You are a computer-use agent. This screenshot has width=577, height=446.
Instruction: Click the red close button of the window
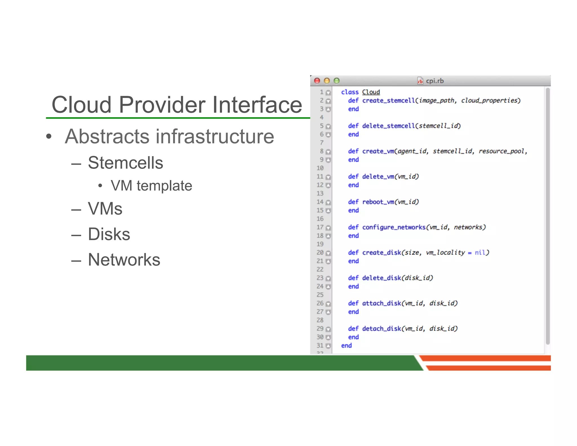(x=317, y=81)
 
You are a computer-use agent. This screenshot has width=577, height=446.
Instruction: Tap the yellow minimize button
(x=327, y=81)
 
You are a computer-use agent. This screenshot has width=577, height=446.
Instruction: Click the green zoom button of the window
(x=336, y=81)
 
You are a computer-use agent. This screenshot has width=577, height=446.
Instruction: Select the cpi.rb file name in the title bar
(x=434, y=81)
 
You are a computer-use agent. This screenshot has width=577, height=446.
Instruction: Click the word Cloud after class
(x=371, y=92)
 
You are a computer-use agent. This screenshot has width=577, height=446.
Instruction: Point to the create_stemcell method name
(x=389, y=101)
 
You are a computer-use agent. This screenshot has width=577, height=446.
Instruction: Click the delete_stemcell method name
(x=389, y=126)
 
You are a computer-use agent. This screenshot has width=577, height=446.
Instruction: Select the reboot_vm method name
(x=378, y=202)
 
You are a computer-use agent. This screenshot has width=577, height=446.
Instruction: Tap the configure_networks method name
(x=394, y=228)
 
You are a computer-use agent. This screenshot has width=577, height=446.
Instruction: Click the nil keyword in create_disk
(x=480, y=253)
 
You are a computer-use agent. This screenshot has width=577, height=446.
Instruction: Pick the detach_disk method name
(x=381, y=329)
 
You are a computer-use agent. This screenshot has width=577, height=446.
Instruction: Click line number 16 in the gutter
(x=320, y=219)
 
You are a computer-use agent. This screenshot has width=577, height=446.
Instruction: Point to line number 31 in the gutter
(x=320, y=346)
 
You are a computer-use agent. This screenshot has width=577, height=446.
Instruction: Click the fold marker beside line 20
(x=328, y=253)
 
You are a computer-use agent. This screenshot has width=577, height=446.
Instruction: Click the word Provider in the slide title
(x=162, y=105)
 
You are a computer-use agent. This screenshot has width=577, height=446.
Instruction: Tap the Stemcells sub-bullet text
(x=125, y=163)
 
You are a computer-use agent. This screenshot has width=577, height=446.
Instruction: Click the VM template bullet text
(x=151, y=186)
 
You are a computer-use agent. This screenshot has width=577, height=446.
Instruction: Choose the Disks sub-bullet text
(x=109, y=234)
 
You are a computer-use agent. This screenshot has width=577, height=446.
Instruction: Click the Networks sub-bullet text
(x=124, y=260)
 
